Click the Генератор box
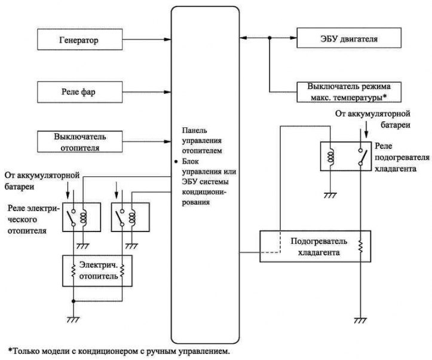[x=80, y=39]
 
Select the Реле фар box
[x=80, y=92]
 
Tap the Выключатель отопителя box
[x=80, y=142]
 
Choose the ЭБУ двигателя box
[x=349, y=38]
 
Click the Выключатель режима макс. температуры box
[x=349, y=92]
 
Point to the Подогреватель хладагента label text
[x=318, y=247]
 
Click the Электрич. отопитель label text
[x=99, y=270]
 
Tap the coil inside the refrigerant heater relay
[x=330, y=157]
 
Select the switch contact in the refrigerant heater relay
[x=361, y=157]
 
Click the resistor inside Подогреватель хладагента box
[x=360, y=246]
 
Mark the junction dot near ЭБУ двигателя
[x=269, y=38]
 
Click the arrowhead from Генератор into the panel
[x=167, y=39]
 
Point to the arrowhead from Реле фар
[x=167, y=92]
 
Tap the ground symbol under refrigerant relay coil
[x=330, y=196]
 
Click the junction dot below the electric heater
[x=73, y=301]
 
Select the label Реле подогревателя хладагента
[x=402, y=157]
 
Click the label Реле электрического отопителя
[x=33, y=219]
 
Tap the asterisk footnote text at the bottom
[x=119, y=351]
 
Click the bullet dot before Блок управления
[x=176, y=162]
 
